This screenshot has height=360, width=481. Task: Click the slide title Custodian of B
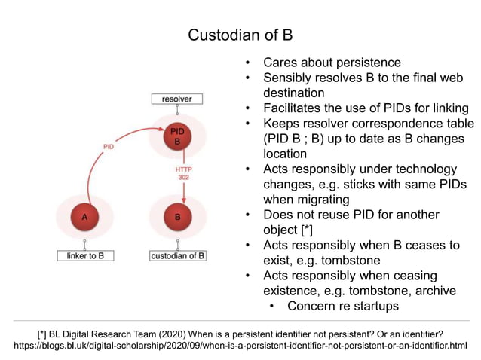(240, 35)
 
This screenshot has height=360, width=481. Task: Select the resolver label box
(177, 99)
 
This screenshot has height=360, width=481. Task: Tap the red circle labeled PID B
(177, 136)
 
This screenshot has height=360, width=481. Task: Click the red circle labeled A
(85, 217)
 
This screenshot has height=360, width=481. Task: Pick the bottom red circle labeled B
(177, 217)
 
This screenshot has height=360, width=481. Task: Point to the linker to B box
(85, 255)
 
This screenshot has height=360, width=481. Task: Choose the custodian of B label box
(177, 255)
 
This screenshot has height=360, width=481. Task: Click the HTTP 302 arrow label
(184, 174)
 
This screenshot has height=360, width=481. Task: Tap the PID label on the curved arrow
(109, 146)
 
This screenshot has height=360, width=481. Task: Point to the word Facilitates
(293, 108)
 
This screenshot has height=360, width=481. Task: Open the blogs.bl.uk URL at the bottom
(240, 346)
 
